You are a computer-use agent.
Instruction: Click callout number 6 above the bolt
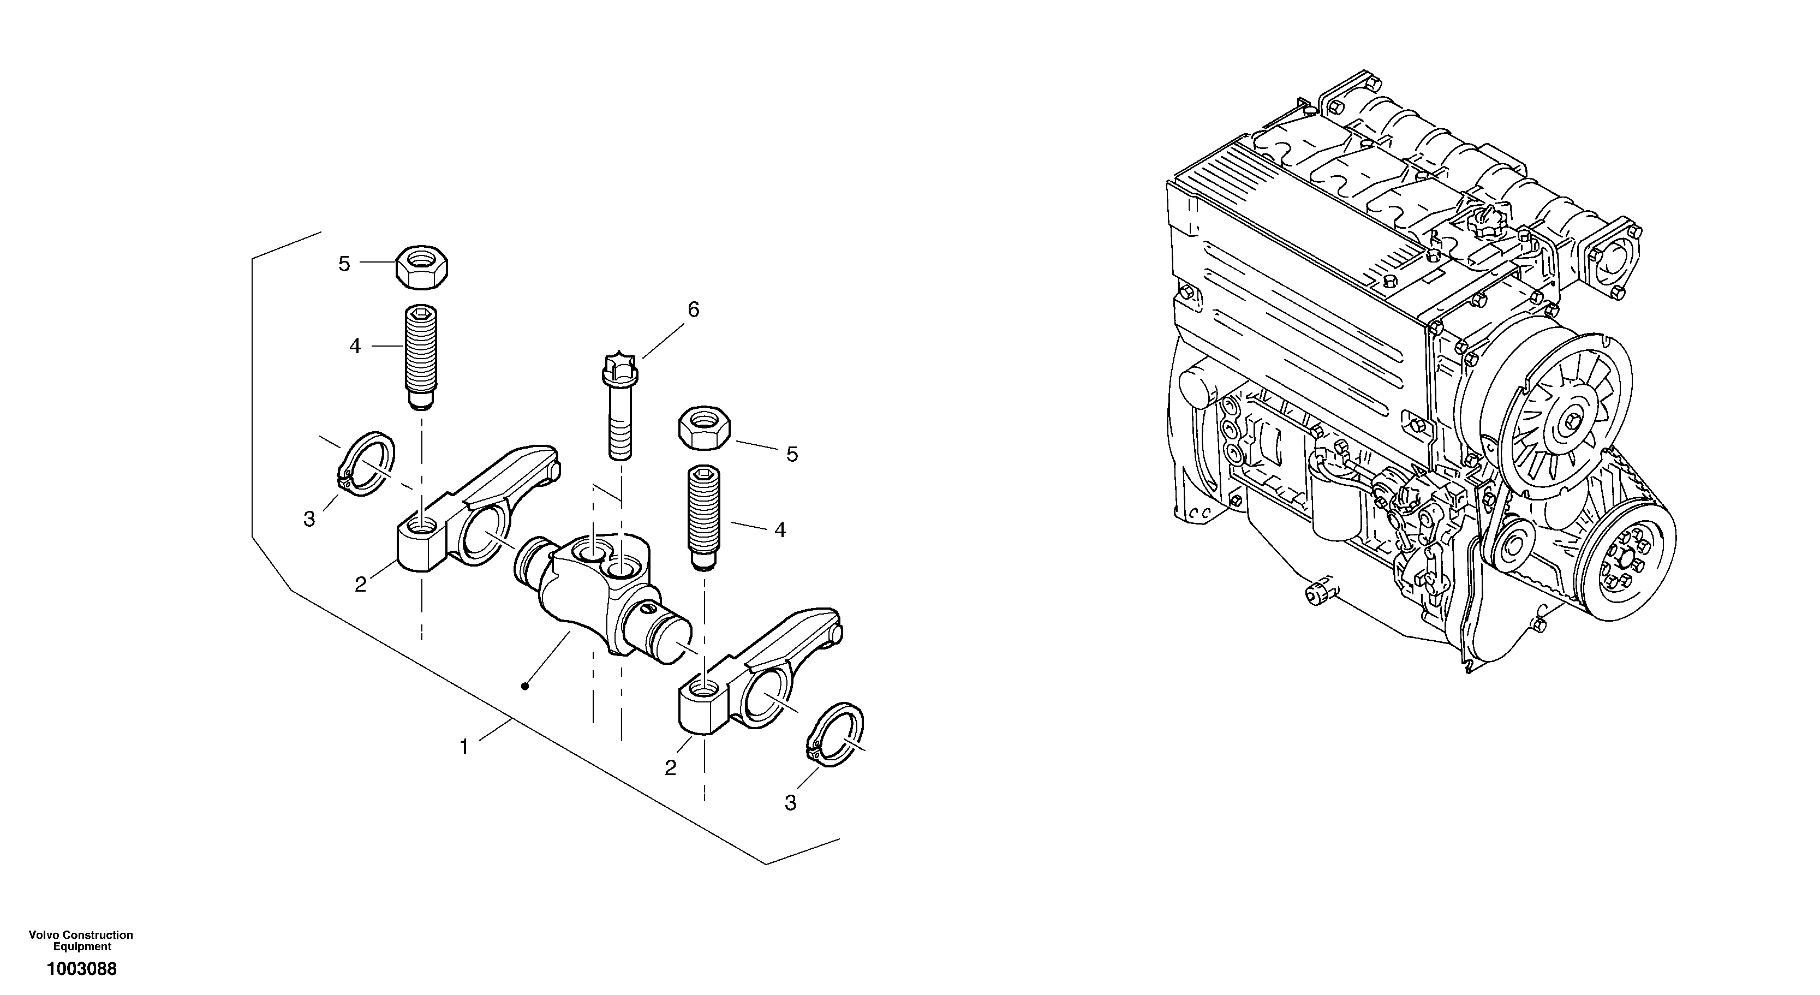693,309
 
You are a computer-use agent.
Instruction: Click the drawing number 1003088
81,969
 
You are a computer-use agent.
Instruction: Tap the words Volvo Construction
81,935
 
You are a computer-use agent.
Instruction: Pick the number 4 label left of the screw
355,346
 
